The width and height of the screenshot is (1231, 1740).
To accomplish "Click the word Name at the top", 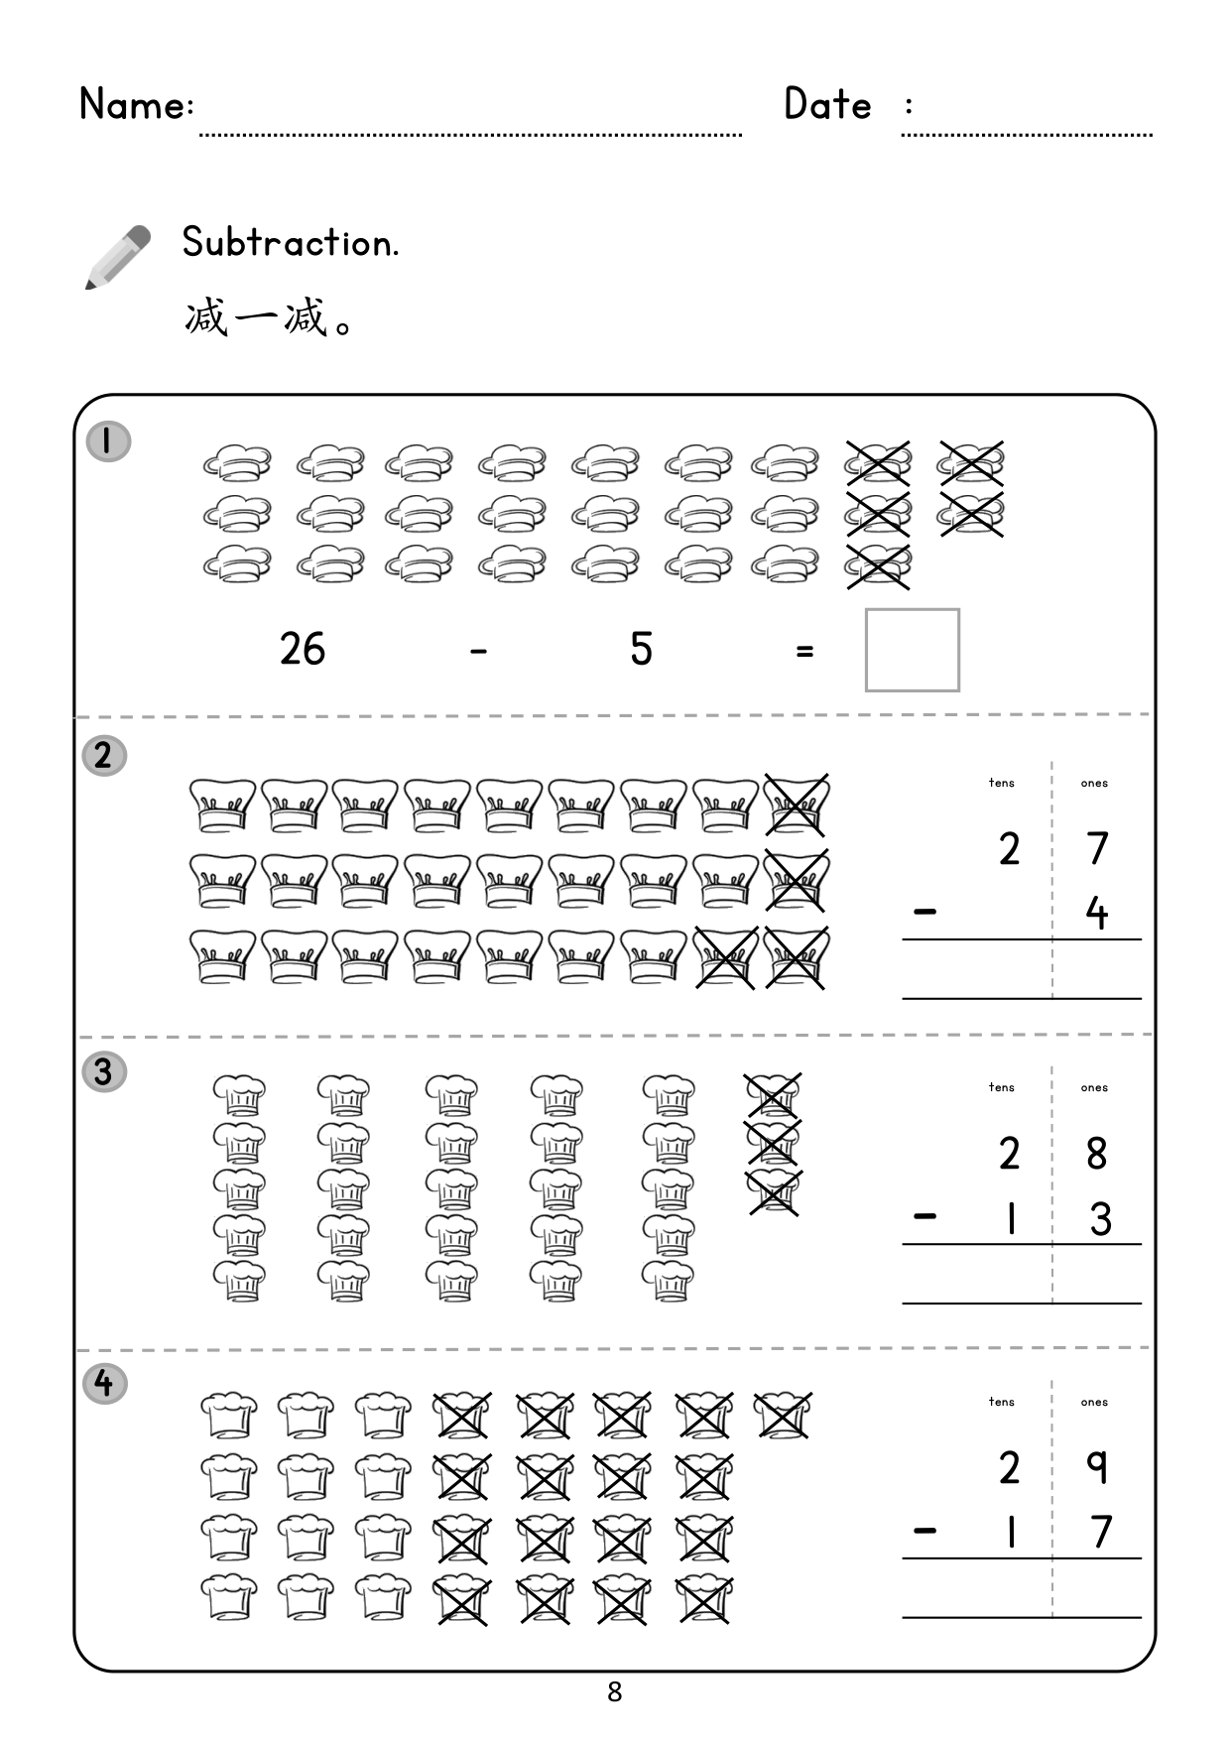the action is click(x=131, y=104).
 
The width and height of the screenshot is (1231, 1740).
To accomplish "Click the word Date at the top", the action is click(x=827, y=104).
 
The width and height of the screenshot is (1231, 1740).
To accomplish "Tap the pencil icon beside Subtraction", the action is click(x=118, y=257).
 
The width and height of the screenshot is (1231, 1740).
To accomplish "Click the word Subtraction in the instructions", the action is click(x=290, y=242).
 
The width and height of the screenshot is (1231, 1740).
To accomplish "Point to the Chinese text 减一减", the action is click(x=256, y=318).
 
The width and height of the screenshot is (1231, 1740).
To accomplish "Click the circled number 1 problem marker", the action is click(x=108, y=441).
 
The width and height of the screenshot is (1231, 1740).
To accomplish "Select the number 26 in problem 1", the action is click(x=303, y=649).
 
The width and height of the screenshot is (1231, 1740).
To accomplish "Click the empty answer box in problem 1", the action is click(x=913, y=650).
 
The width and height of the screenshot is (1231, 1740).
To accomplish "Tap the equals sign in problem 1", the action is click(x=804, y=652).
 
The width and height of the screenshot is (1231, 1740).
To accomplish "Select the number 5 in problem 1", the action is click(x=641, y=649).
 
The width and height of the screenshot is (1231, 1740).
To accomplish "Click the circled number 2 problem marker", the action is click(x=104, y=756).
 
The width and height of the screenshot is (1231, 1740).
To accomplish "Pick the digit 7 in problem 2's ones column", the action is click(x=1096, y=848).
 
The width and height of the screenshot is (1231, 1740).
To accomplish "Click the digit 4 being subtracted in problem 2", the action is click(x=1096, y=913).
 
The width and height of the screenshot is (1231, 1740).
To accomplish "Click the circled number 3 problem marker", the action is click(x=104, y=1071).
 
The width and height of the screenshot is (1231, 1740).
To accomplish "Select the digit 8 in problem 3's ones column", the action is click(x=1096, y=1153).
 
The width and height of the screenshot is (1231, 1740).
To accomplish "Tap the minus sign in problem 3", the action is click(x=924, y=1215).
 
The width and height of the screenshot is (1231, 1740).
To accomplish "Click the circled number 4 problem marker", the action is click(x=104, y=1383).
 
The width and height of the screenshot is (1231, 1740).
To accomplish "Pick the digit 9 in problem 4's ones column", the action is click(x=1096, y=1467).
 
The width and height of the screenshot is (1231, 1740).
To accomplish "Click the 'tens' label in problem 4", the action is click(x=1001, y=1402).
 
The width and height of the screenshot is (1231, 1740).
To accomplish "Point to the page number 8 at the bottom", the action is click(x=615, y=1691).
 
